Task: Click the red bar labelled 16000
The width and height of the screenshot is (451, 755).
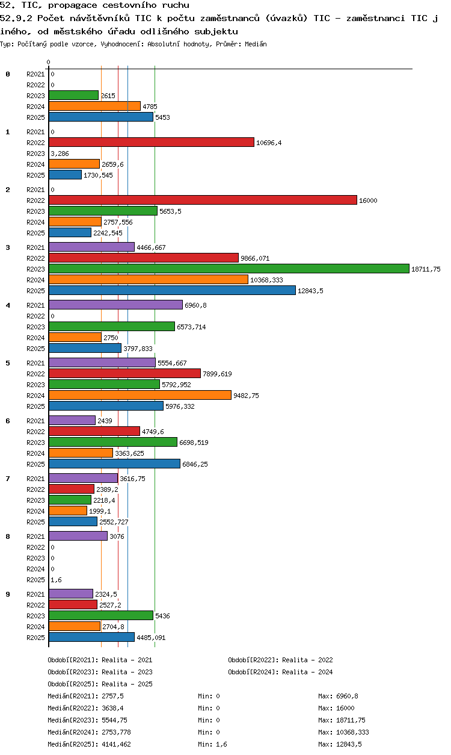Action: pyautogui.click(x=203, y=200)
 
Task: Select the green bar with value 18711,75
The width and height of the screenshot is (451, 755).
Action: pyautogui.click(x=229, y=269)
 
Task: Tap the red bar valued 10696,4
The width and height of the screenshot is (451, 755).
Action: pyautogui.click(x=152, y=143)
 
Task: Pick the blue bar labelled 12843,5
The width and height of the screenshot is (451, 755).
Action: pyautogui.click(x=172, y=291)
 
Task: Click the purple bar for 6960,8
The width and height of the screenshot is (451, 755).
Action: pyautogui.click(x=116, y=305)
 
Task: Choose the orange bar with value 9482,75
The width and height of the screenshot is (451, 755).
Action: pyautogui.click(x=140, y=396)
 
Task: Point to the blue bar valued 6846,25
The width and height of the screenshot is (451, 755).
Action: pyautogui.click(x=114, y=464)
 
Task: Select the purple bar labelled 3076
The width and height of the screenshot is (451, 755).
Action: pyautogui.click(x=78, y=536)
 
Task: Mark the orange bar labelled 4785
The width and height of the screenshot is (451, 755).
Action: pyautogui.click(x=94, y=107)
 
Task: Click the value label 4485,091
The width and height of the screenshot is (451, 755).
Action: pyautogui.click(x=151, y=638)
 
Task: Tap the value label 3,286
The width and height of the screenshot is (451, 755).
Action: pyautogui.click(x=60, y=154)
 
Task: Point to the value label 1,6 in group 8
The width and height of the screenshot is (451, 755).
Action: pyautogui.click(x=56, y=580)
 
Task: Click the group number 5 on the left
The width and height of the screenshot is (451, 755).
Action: pyautogui.click(x=8, y=363)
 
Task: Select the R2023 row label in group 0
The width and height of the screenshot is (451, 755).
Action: pyautogui.click(x=35, y=96)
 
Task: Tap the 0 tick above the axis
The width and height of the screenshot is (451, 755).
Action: pyautogui.click(x=49, y=62)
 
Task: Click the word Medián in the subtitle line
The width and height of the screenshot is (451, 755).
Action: pyautogui.click(x=256, y=44)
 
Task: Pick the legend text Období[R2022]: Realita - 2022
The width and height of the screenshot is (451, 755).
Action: pyautogui.click(x=280, y=660)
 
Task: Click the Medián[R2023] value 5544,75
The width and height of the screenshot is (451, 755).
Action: pyautogui.click(x=114, y=720)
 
